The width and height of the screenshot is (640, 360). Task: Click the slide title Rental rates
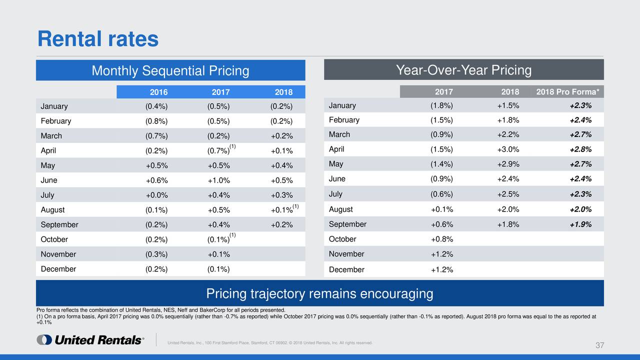98,39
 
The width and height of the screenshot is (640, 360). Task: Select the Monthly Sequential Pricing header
170,71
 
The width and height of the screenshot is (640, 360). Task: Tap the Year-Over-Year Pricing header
463,70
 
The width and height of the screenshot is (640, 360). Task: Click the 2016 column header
158,92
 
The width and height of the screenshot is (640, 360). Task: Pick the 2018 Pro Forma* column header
567,92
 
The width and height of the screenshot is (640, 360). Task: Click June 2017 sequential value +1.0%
218,180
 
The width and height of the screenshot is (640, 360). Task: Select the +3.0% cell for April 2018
507,149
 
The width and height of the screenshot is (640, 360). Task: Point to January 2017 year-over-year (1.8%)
441,105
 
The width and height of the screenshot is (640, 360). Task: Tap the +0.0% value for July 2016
156,195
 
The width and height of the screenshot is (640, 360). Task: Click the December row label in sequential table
58,269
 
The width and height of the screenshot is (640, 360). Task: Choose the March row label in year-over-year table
339,134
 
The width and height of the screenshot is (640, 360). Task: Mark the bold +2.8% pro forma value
580,149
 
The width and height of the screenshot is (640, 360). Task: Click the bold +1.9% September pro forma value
580,224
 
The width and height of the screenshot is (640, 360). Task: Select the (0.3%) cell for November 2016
156,254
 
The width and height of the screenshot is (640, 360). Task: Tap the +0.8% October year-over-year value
441,239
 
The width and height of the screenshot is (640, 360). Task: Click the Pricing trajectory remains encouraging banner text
319,293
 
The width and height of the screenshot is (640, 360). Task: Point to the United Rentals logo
90,340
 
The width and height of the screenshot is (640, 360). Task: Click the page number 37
600,346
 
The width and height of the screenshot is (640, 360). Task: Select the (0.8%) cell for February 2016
156,121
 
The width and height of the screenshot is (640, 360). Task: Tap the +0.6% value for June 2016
156,180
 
